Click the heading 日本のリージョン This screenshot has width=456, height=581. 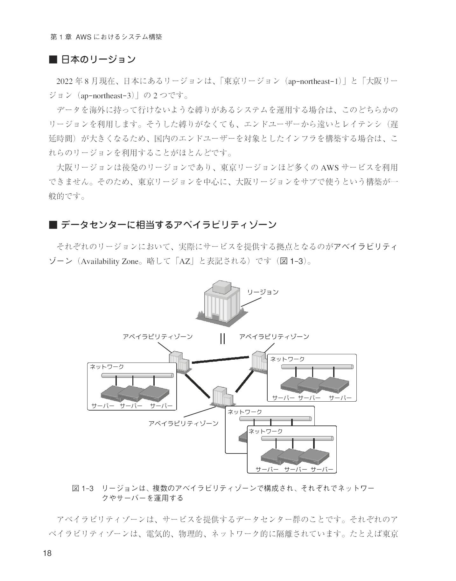(98, 59)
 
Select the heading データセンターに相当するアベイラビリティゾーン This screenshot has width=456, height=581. (168, 225)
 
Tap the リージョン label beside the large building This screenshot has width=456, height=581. (263, 292)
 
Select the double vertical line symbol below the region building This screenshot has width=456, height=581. (222, 339)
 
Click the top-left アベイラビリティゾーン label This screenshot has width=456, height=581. (158, 336)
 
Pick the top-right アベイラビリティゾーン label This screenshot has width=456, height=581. (274, 336)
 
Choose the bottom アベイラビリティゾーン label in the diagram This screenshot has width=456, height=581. (184, 423)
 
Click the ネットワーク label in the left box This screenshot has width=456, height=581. (107, 367)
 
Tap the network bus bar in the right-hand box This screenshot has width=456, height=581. (317, 367)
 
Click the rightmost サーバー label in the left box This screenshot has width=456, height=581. (161, 406)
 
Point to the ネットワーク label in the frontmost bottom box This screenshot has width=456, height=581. (265, 431)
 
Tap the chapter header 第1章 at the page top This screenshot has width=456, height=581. (61, 37)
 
